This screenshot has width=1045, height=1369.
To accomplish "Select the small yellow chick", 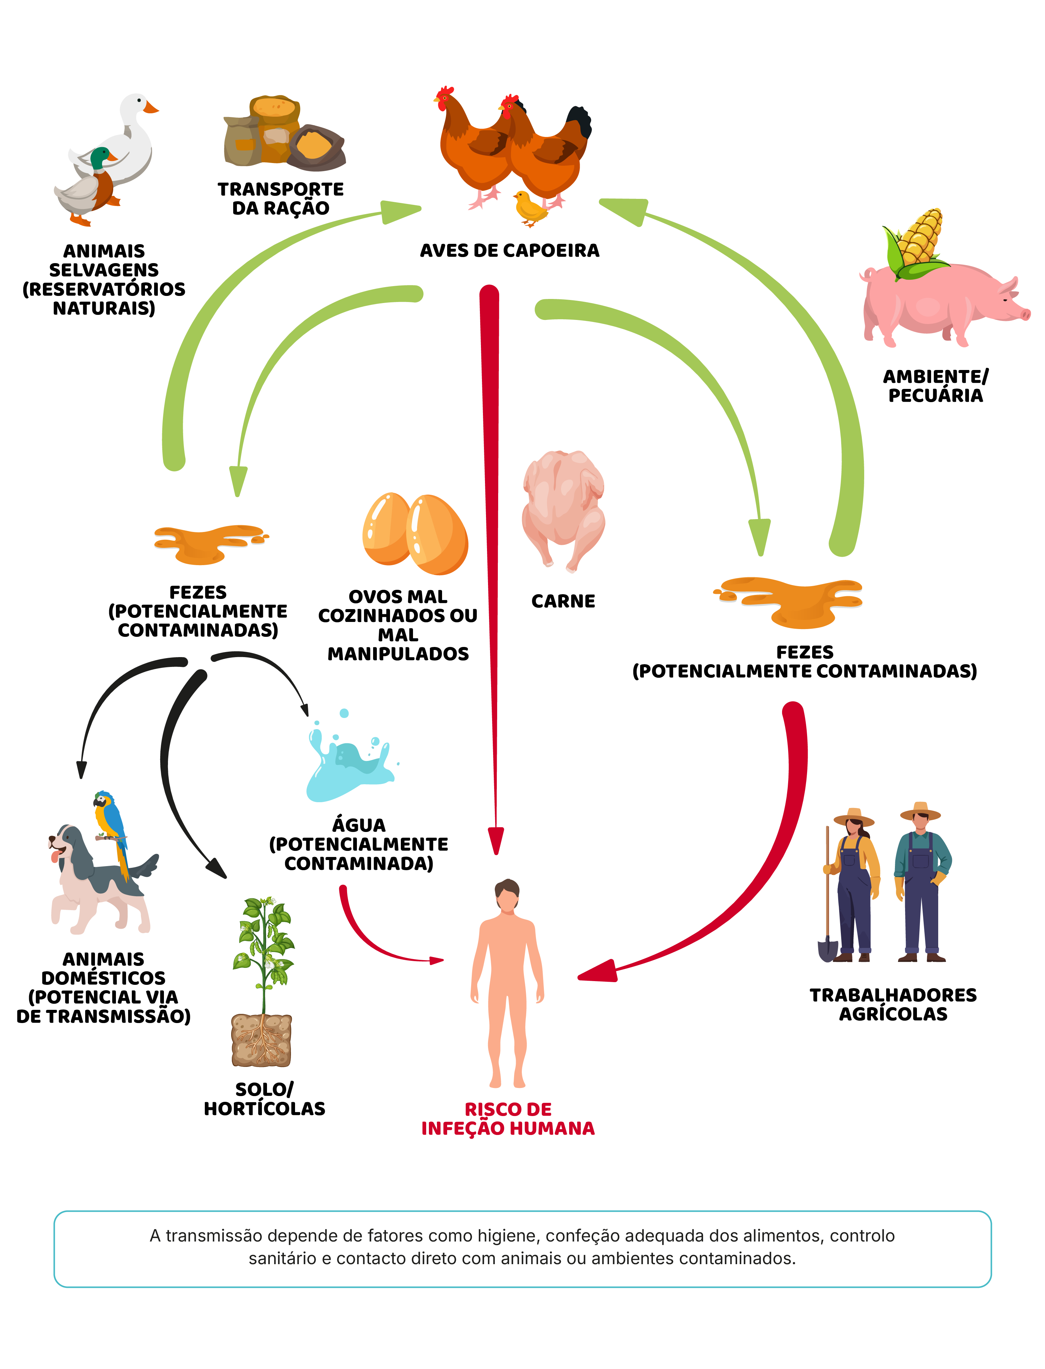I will tap(530, 208).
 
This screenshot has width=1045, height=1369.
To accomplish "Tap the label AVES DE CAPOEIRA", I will tap(509, 251).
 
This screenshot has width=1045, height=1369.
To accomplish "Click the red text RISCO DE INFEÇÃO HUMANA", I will tap(508, 1119).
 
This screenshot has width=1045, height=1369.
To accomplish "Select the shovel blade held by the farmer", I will tap(827, 949).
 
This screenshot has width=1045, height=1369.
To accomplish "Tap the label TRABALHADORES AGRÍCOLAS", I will tap(893, 1004).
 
